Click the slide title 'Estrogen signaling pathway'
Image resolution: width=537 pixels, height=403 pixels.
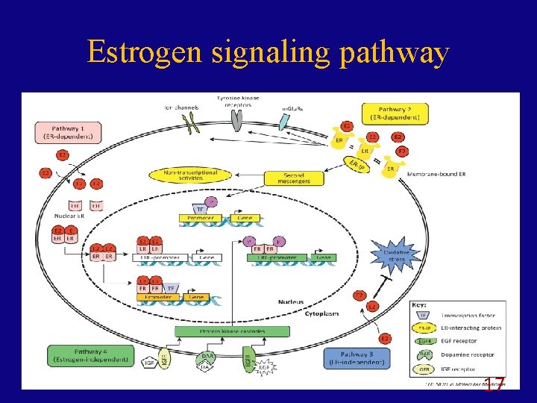coord(268,53)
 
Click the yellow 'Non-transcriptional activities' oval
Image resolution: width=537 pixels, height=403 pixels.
coord(190,175)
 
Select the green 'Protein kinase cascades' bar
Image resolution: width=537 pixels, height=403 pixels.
coord(232,331)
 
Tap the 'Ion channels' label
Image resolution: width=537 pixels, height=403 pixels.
coord(180,107)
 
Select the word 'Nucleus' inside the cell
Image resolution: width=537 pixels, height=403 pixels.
coord(290,302)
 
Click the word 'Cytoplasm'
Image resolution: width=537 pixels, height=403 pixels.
coord(322,313)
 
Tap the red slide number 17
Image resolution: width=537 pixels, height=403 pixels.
coord(494,385)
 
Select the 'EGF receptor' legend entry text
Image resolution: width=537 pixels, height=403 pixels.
coord(459,341)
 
